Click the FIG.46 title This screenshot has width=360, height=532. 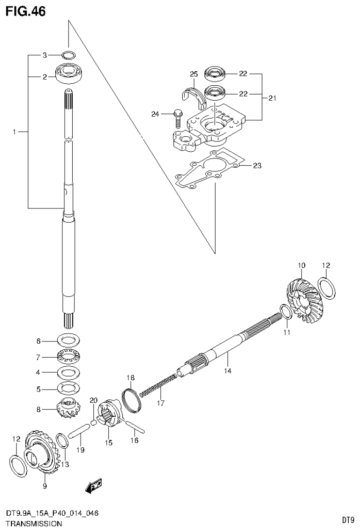point(26,11)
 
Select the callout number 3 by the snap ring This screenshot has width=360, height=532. point(45,55)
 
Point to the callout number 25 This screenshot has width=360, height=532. point(194,74)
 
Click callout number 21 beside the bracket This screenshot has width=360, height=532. point(272,98)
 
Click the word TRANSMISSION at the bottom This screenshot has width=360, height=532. point(33,524)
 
